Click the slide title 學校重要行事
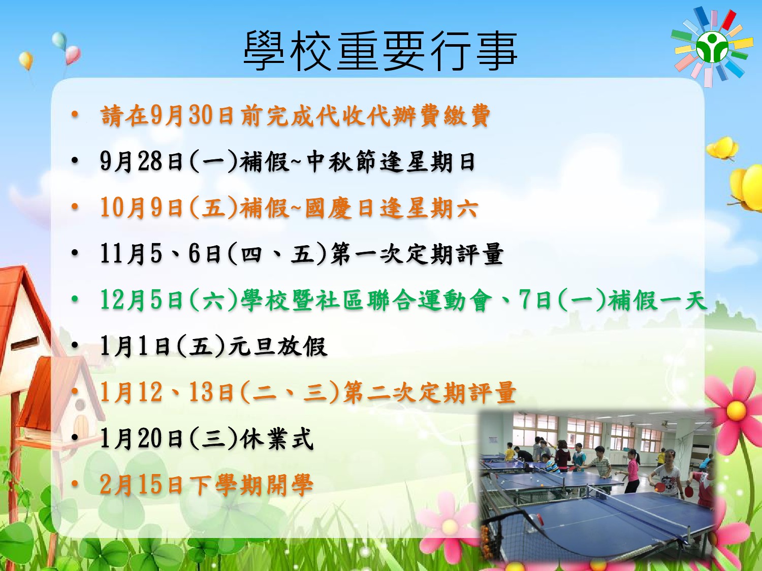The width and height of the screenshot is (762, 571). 380,51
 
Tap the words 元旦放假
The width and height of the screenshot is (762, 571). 278,346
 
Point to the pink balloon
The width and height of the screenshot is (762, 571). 73,55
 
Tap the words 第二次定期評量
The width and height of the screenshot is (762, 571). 429,392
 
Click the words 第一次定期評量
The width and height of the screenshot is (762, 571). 417,254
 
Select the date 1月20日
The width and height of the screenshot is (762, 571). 142,439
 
